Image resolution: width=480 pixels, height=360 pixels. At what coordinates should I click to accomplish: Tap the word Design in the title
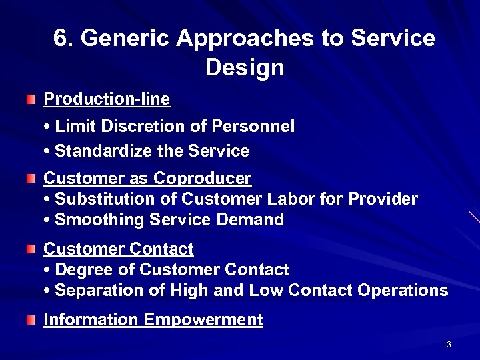pos(245,67)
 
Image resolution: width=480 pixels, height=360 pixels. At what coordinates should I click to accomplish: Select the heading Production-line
pos(107,99)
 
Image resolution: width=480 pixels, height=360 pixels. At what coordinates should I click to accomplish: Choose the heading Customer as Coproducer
pos(147,178)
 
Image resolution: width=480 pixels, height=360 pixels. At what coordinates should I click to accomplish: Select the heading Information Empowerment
pos(153,320)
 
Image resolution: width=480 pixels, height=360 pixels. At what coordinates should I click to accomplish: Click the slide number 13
pos(447,345)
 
